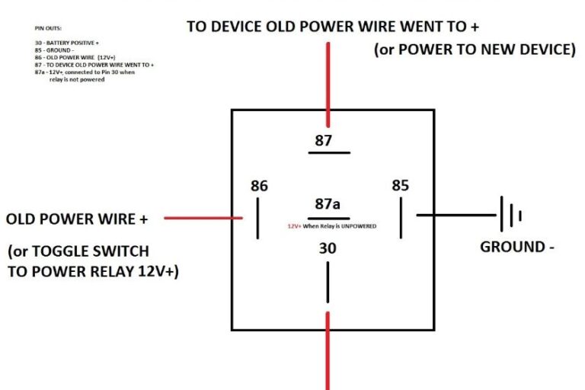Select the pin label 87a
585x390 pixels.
point(328,204)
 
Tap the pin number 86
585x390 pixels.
point(259,186)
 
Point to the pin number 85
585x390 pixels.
point(400,186)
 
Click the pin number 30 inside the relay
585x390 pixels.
point(328,248)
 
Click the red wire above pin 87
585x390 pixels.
point(328,84)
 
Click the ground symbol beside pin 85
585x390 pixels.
point(510,215)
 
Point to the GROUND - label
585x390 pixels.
point(513,247)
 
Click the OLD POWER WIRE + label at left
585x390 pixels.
point(76,219)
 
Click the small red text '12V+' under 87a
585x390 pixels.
point(294,227)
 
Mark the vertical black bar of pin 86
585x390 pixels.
point(257,218)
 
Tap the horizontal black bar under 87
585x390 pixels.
point(328,152)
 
